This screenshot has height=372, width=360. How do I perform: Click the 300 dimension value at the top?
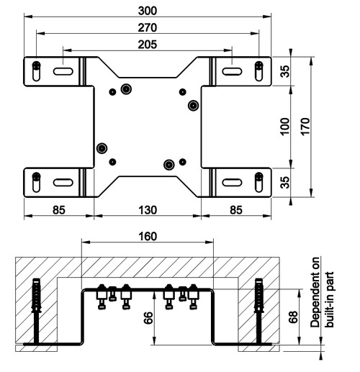click(148, 11)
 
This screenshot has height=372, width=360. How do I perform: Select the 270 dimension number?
click(148, 27)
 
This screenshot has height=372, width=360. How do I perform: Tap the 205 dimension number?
click(148, 45)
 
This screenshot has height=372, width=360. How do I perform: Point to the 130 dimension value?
click(148, 210)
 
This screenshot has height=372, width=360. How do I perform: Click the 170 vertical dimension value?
click(305, 127)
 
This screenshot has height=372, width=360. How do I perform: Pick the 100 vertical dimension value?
click(285, 127)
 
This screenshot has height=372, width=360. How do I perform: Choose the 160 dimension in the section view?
click(148, 237)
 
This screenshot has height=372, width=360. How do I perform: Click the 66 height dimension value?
click(149, 317)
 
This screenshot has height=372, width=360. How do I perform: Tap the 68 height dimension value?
click(293, 317)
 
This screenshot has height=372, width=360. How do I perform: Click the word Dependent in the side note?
click(315, 292)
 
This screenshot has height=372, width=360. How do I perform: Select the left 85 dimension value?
click(59, 210)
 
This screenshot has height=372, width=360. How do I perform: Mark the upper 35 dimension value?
click(285, 71)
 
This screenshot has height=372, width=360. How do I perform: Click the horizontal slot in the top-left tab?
click(63, 71)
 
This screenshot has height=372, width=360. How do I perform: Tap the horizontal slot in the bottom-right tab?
click(232, 182)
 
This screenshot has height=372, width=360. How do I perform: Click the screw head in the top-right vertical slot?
click(258, 65)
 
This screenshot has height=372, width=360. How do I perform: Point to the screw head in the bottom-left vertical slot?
click(36, 176)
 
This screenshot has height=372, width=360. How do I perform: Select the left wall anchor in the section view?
click(36, 311)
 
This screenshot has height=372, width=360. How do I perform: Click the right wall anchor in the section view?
click(259, 311)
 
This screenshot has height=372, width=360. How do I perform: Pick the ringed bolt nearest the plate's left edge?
click(102, 148)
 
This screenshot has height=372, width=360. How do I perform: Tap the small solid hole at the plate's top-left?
click(112, 91)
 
